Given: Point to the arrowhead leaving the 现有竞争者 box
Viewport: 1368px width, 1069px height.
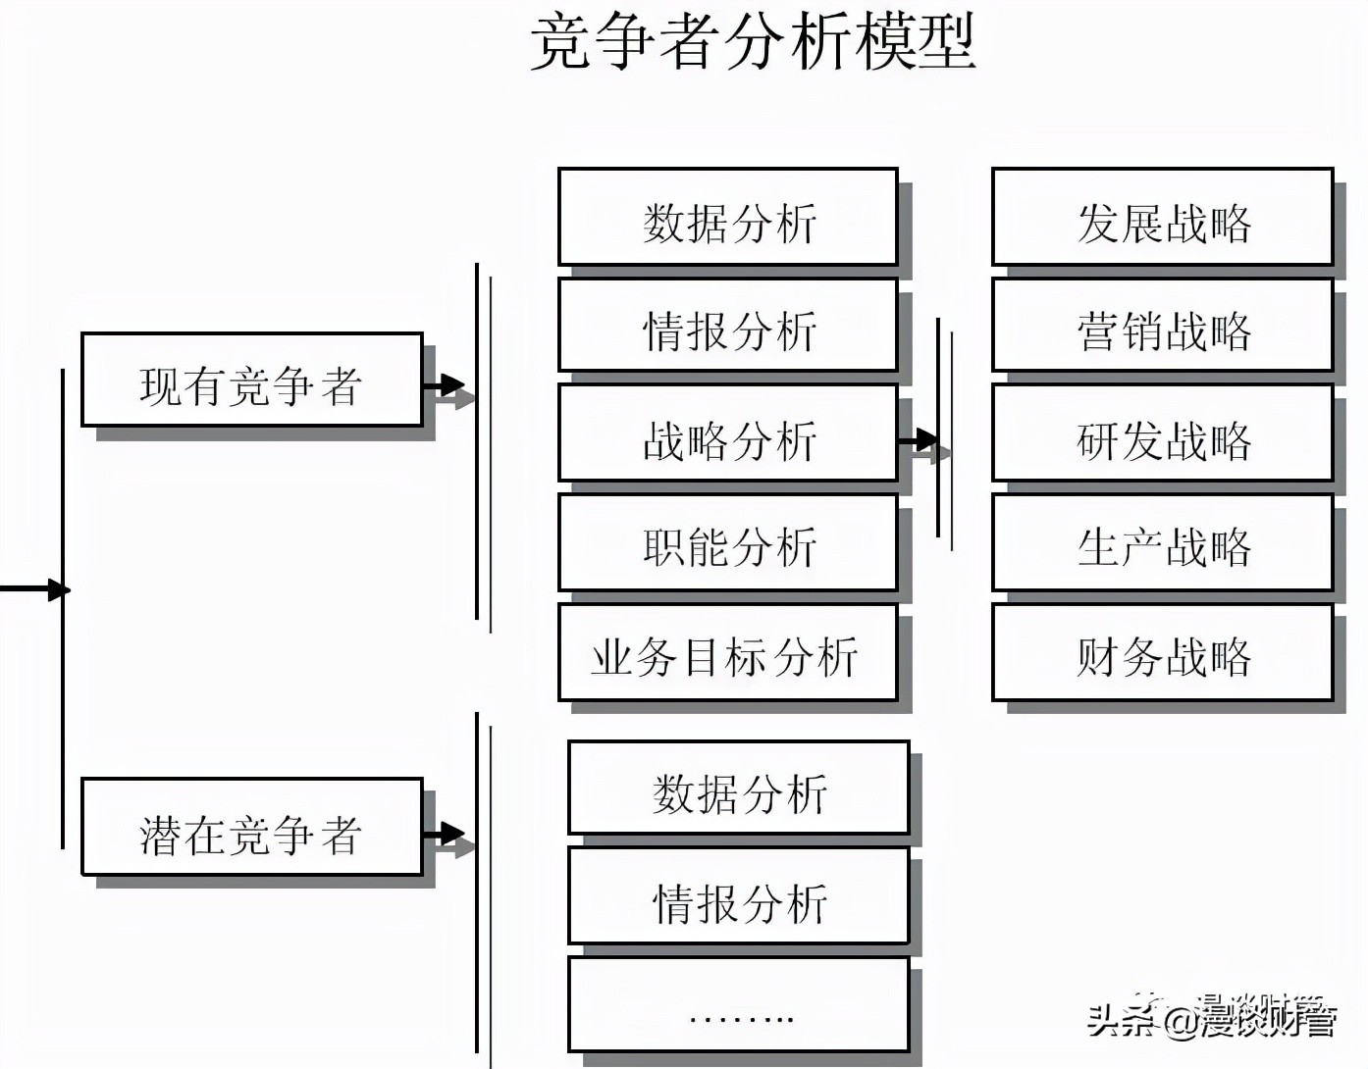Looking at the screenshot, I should (452, 385).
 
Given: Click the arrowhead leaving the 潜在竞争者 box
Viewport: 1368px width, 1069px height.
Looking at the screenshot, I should (452, 835).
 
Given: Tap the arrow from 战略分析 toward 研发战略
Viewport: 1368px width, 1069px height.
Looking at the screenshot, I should (923, 441).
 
